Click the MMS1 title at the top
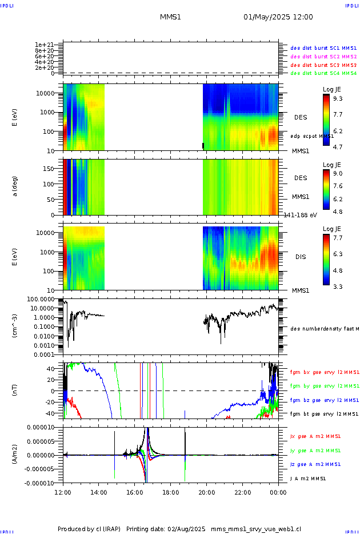point(170,17)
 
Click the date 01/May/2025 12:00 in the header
point(278,17)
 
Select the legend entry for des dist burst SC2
point(323,57)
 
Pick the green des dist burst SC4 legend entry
point(323,73)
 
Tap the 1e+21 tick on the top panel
point(43,45)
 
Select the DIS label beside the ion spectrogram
point(300,257)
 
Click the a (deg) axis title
point(16,186)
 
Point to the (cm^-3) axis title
point(16,326)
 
